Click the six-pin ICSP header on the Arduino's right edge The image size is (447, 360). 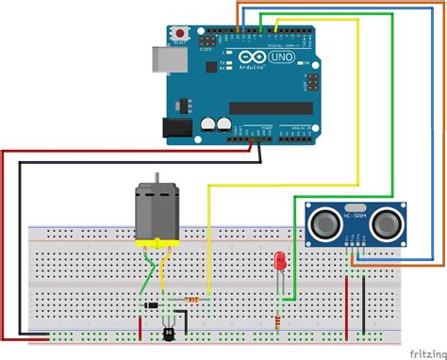[x=308, y=85]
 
